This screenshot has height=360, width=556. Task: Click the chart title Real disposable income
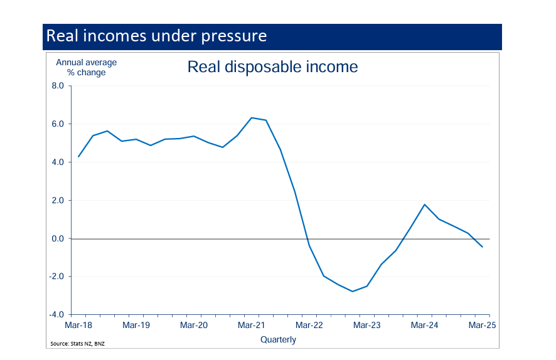coord(272,67)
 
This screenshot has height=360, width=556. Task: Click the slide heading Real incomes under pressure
coord(156,36)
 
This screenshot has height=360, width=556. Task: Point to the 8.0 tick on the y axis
coord(58,86)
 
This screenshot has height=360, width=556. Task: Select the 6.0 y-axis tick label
coord(58,124)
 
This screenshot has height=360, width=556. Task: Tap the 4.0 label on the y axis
coord(58,162)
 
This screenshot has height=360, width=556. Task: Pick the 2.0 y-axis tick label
coord(58,201)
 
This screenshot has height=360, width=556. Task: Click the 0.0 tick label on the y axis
coord(58,239)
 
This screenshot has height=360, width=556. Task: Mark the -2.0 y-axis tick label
coord(56,277)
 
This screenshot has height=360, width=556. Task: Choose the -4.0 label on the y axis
coord(56,315)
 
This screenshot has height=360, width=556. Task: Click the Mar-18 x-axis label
coord(78,326)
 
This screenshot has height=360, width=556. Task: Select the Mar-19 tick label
coord(136,326)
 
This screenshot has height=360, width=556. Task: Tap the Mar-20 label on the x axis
coord(194,326)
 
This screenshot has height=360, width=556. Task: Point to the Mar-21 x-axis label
coord(252,326)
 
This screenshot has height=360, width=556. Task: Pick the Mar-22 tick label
coord(309,326)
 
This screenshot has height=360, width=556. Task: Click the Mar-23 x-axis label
coord(367,326)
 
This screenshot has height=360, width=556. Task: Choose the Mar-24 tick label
coord(425,326)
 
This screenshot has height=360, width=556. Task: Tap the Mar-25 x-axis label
coord(482,326)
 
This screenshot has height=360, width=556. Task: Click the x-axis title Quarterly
coord(278,340)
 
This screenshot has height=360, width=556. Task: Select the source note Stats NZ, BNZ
coord(78,344)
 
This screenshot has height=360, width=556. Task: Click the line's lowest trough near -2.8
coord(353,292)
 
